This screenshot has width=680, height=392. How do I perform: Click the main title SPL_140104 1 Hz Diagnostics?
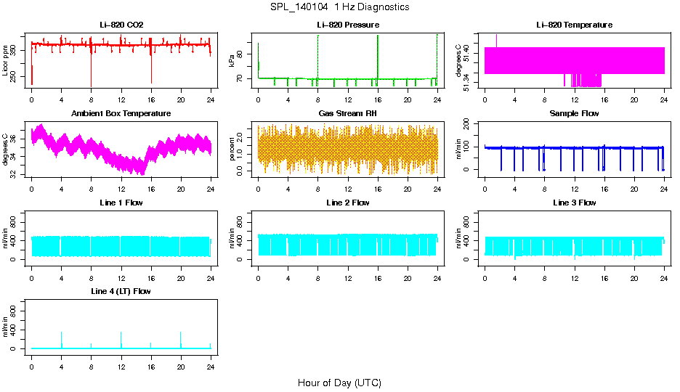[339, 7]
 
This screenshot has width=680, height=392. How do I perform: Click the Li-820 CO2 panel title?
[121, 25]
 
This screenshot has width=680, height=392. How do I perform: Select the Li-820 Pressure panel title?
[347, 25]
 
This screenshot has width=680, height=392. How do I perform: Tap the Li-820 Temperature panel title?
[574, 25]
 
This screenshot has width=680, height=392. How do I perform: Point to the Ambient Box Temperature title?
[121, 114]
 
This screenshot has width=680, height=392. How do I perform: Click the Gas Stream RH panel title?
[347, 114]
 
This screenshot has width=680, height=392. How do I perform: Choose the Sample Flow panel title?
[574, 114]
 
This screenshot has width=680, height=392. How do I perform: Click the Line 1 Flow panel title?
[121, 203]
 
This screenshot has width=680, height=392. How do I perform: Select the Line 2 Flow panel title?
[347, 203]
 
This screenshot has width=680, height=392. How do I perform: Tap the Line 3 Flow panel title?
[574, 203]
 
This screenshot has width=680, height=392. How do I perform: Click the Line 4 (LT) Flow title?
[121, 291]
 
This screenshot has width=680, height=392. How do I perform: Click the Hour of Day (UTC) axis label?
[339, 383]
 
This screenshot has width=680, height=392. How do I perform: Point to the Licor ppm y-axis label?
[7, 61]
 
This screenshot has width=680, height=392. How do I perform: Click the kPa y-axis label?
[232, 61]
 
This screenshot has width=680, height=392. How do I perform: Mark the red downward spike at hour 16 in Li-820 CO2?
[151, 73]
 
